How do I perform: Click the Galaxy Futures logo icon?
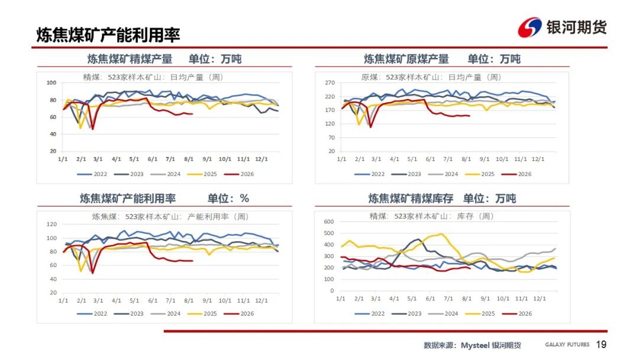[x=530, y=28]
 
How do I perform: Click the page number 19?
[x=601, y=345]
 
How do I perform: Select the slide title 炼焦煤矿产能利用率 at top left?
[x=108, y=35]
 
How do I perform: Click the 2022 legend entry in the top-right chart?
[x=370, y=174]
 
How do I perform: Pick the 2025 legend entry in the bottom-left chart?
[x=202, y=314]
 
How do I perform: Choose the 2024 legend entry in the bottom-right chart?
[x=443, y=314]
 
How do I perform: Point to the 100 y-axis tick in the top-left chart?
[x=51, y=83]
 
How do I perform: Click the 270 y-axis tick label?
[x=330, y=83]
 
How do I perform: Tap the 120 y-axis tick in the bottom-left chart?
[x=51, y=224]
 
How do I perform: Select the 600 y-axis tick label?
[x=329, y=222]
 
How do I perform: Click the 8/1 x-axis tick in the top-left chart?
[x=189, y=159]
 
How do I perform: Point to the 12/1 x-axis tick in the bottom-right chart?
[x=540, y=299]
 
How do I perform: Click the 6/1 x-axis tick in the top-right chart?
[x=430, y=159]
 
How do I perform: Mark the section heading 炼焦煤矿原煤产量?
[x=406, y=59]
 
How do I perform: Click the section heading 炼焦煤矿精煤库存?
[x=411, y=198]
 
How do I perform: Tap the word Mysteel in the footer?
[x=475, y=345]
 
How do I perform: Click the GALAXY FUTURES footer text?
[x=567, y=345]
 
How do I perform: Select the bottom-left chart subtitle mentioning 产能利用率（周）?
[x=170, y=217]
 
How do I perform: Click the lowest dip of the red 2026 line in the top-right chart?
[x=371, y=127]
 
